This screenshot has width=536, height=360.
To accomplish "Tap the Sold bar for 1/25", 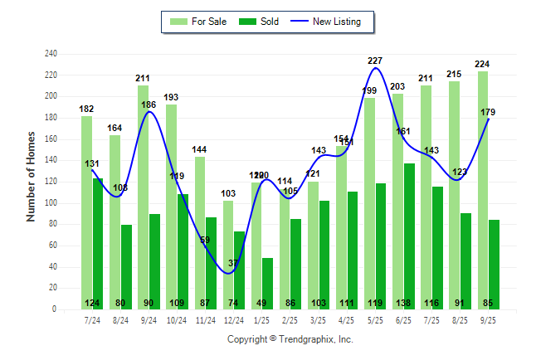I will pyautogui.click(x=267, y=283).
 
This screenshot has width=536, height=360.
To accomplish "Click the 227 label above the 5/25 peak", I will pyautogui.click(x=375, y=61).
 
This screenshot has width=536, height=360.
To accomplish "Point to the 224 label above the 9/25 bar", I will pyautogui.click(x=483, y=64).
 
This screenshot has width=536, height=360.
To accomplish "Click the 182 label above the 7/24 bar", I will pyautogui.click(x=86, y=109).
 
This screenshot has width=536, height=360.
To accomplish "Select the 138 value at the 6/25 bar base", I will pyautogui.click(x=409, y=304).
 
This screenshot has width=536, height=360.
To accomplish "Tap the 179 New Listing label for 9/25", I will pyautogui.click(x=488, y=113).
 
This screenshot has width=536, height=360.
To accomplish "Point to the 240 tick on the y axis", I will pyautogui.click(x=51, y=54).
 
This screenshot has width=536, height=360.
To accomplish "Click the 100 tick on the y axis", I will pyautogui.click(x=51, y=202).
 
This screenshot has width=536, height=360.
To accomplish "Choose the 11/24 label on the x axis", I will pyautogui.click(x=206, y=320).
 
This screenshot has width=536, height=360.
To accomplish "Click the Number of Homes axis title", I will pyautogui.click(x=32, y=177).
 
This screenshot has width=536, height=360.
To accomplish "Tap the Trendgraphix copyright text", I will pyautogui.click(x=290, y=339).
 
